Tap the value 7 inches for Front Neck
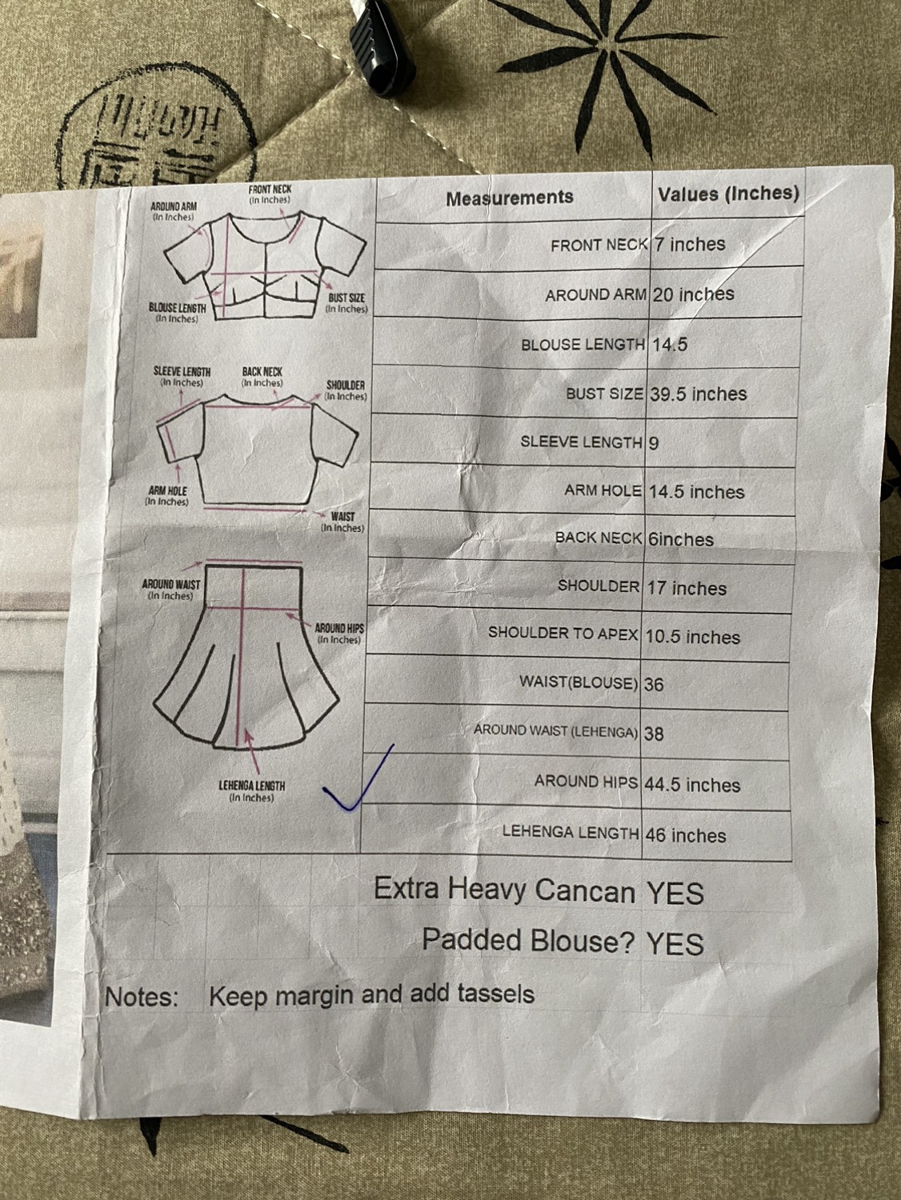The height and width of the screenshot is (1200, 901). tap(690, 244)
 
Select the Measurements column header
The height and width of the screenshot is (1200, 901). tap(510, 198)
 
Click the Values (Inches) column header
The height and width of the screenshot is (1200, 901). tap(728, 194)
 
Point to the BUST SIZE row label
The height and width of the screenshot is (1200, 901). tap(604, 394)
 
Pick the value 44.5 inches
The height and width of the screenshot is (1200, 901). tap(692, 785)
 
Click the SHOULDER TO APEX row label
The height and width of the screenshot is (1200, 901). tap(563, 633)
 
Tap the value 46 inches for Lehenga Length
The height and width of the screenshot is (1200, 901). tap(686, 835)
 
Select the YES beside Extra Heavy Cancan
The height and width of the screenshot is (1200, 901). tap(675, 893)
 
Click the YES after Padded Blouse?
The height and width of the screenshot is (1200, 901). tap(675, 943)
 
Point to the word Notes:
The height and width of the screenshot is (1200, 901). tap(142, 997)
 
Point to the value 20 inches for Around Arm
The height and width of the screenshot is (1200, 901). tap(693, 294)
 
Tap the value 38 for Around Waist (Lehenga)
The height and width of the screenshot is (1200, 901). tap(654, 734)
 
